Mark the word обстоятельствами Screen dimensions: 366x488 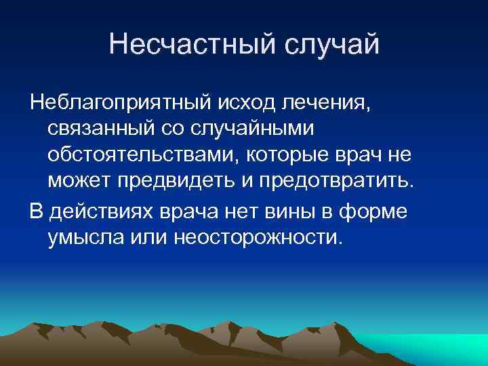(x=140, y=155)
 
